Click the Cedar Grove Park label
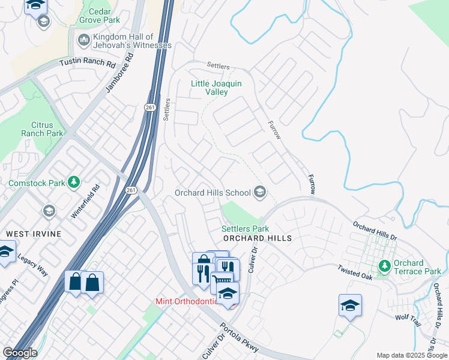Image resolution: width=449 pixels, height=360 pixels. (x=95, y=16)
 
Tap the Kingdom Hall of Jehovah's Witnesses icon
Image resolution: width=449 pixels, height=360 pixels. (x=83, y=41)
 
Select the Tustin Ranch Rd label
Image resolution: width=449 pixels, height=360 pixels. (x=87, y=63)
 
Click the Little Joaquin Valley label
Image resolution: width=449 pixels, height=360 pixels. (x=216, y=88)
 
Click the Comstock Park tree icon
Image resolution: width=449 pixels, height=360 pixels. (x=73, y=182)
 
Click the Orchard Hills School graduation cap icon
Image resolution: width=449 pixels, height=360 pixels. (x=260, y=193)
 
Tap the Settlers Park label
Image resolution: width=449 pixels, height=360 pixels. (x=245, y=229)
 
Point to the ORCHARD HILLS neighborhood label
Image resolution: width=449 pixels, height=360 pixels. (x=256, y=238)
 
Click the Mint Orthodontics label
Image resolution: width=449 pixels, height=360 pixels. (x=187, y=301)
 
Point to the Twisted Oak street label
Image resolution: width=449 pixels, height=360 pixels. (x=356, y=271)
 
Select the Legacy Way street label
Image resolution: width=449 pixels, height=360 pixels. (x=32, y=264)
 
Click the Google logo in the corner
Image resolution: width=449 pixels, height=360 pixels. (x=19, y=353)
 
